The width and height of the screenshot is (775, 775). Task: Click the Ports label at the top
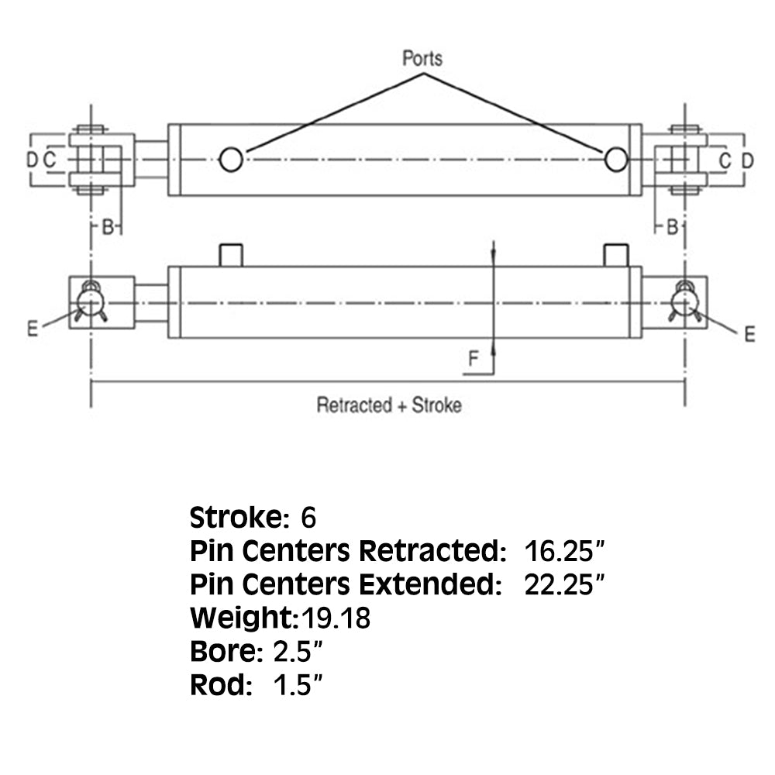click(422, 58)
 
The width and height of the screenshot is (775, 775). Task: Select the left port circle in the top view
click(231, 160)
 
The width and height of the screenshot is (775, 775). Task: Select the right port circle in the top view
click(616, 160)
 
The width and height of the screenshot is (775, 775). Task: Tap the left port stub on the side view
click(231, 255)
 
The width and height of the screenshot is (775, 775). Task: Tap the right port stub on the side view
click(615, 255)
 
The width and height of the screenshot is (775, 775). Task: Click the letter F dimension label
click(474, 358)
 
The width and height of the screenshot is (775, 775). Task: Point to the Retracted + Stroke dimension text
click(388, 405)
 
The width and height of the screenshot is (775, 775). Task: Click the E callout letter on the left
click(33, 329)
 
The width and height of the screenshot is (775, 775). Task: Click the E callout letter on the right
click(749, 334)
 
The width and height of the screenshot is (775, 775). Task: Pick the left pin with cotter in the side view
click(91, 301)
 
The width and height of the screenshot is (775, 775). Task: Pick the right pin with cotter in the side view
click(684, 301)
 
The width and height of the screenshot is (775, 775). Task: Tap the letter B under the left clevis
click(109, 226)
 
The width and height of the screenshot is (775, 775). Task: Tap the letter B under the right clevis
click(673, 226)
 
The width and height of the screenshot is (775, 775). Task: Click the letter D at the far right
click(747, 160)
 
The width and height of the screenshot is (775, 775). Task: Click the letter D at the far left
click(31, 160)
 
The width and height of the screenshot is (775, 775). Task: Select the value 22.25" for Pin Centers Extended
click(564, 584)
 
